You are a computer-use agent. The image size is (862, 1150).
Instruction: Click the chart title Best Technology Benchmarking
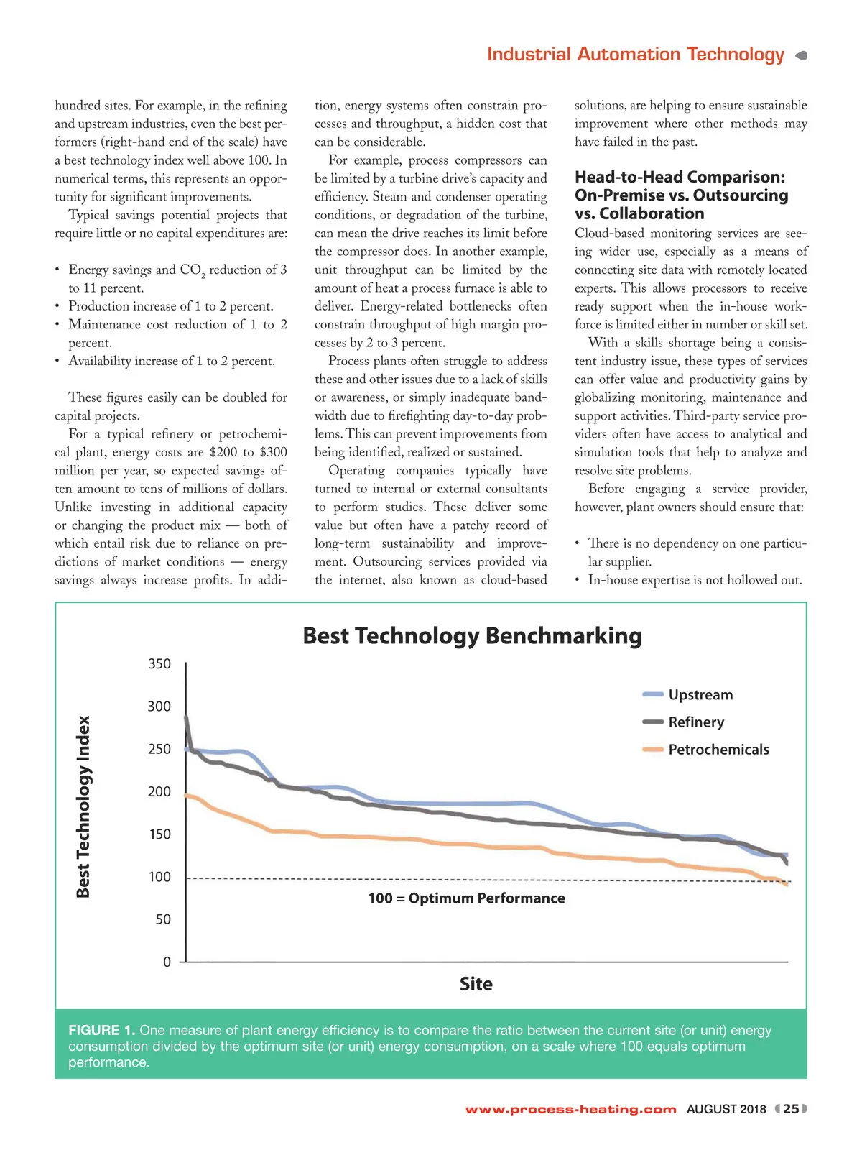coord(472,636)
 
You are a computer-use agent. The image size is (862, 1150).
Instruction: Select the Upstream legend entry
coord(700,695)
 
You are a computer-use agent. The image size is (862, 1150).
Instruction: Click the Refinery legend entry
coord(695,722)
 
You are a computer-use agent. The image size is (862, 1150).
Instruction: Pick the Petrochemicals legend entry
coord(718,750)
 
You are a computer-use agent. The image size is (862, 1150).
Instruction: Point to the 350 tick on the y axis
coord(159,664)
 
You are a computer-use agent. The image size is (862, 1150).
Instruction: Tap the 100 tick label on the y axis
coord(159,877)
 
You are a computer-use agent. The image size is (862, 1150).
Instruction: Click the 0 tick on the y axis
coord(167,962)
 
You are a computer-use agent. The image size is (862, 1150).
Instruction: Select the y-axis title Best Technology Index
coord(84,806)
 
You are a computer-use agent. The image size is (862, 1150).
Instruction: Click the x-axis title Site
coord(476,984)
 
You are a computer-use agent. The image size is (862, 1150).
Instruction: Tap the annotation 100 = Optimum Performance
coord(466,898)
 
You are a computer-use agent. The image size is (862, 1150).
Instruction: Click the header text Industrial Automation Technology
coord(636,55)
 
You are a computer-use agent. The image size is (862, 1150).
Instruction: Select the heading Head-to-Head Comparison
coord(680,178)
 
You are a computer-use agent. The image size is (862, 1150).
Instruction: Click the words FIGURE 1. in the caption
coord(101,1031)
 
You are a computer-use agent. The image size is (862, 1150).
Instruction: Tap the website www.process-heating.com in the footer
coord(570,1110)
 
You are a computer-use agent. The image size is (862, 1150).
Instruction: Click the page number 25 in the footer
coord(791,1109)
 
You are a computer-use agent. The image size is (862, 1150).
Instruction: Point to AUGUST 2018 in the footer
coord(726,1110)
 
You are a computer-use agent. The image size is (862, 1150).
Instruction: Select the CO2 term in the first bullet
coord(192,270)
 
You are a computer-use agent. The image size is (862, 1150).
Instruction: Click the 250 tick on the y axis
coord(159,749)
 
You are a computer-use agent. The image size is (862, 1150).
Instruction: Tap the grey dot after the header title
coord(802,55)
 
